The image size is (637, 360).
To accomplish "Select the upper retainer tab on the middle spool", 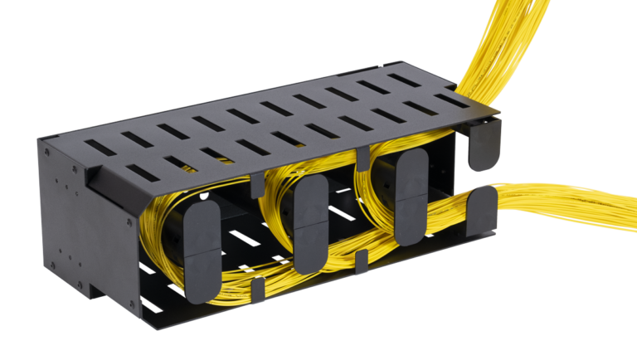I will (311, 200).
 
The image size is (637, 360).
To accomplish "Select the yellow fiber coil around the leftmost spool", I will (166, 249).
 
